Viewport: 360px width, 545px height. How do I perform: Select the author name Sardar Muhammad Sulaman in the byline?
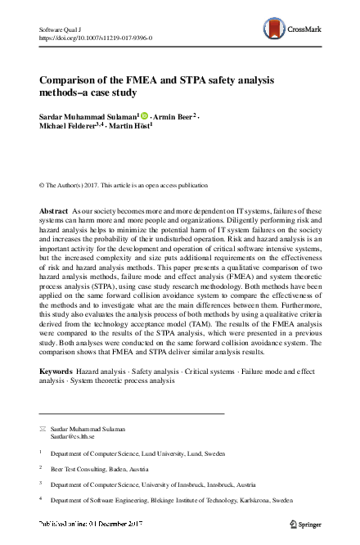[88, 117]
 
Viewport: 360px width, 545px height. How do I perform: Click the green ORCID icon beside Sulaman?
[144, 117]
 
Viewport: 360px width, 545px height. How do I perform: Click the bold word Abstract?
[54, 211]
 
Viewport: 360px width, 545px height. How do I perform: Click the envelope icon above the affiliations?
[43, 429]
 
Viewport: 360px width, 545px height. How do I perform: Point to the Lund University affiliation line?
[137, 452]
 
